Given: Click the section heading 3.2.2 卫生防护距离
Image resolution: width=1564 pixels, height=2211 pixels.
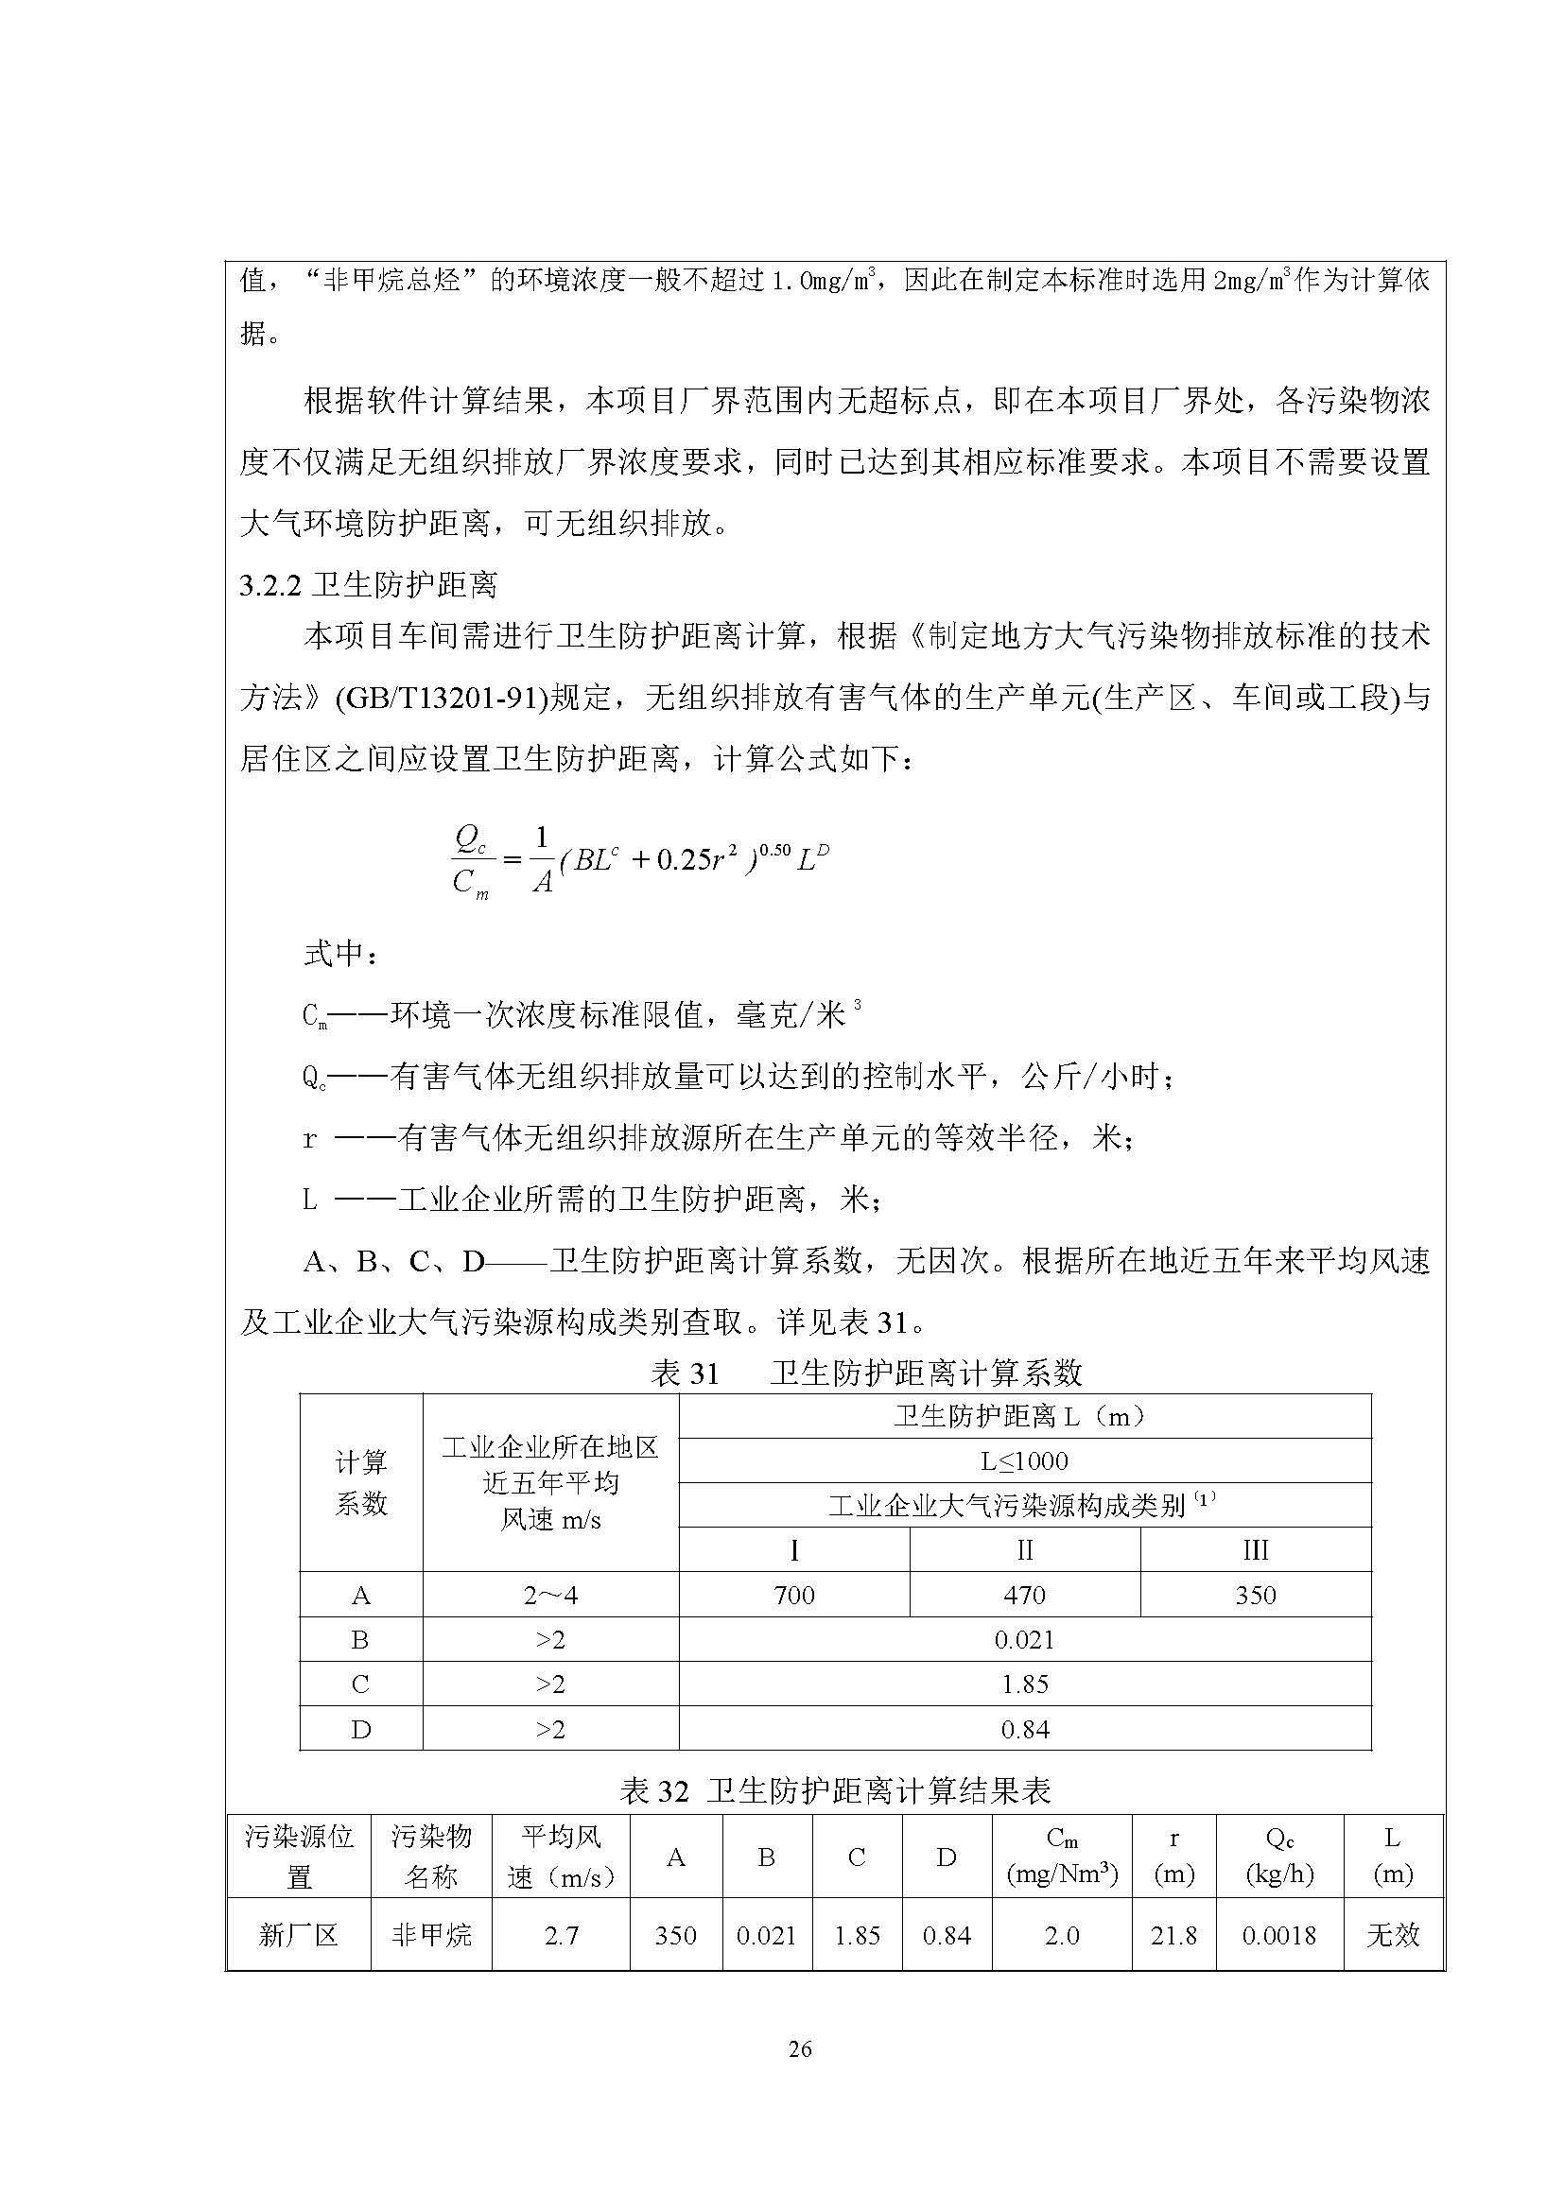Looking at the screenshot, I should click(x=368, y=584).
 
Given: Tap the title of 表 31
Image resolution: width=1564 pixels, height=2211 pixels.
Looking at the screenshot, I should click(x=866, y=1373).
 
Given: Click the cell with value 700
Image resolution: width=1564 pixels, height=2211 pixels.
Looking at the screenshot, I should click(x=793, y=1596).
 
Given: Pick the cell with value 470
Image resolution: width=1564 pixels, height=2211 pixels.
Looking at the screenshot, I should click(x=1024, y=1596).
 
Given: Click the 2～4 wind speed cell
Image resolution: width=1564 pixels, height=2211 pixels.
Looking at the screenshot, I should click(x=550, y=1596).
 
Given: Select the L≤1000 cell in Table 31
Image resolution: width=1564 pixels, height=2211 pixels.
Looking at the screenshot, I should click(x=1024, y=1460).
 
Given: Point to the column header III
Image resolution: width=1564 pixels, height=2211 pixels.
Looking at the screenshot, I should click(x=1255, y=1550).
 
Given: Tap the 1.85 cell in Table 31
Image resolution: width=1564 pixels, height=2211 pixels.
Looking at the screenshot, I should click(x=1024, y=1684).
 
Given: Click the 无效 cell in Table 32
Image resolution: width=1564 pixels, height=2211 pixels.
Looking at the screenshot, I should click(x=1393, y=1936).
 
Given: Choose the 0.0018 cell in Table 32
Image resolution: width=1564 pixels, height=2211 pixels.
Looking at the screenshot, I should click(x=1278, y=1936).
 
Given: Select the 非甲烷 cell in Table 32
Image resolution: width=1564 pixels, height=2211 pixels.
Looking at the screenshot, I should click(x=430, y=1936).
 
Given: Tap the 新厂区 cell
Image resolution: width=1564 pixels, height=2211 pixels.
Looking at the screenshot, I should click(x=299, y=1936).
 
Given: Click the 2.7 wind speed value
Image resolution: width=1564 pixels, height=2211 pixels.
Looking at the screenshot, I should click(x=561, y=1936).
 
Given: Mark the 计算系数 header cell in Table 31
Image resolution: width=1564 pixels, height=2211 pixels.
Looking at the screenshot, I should click(x=361, y=1483).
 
